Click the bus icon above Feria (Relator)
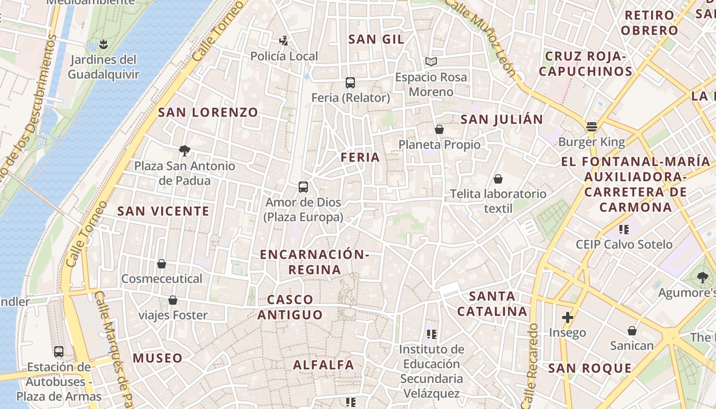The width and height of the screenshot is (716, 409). pos(350,82)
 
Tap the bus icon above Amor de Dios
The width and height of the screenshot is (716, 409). pos(303,187)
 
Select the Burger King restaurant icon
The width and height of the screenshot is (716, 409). pos(592,127)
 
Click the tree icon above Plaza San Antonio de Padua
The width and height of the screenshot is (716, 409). pos(185,150)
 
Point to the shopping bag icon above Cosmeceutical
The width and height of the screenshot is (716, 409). pos(162,264)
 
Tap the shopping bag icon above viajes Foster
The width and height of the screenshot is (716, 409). pos(173,300)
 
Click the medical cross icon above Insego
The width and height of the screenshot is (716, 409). pos(567,317)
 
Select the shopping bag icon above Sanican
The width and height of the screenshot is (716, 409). pos(632,331)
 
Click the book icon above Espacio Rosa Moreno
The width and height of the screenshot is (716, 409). pos(431,62)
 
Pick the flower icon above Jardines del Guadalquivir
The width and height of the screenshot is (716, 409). pos(103,44)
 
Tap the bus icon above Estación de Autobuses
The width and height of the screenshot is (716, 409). pos(59,352)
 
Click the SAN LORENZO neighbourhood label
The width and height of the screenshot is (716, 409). pos(208,112)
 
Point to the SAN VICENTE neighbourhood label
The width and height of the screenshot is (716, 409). pos(163,211)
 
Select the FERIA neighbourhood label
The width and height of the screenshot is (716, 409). pos(361,157)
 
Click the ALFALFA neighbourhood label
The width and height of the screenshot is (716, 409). pos(323,365)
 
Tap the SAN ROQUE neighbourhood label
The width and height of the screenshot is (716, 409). pos(590,368)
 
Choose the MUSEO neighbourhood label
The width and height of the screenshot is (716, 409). pos(158,358)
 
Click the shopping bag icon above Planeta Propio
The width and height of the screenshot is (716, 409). pos(439,130)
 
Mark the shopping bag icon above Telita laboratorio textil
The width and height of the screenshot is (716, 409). pos(498,179)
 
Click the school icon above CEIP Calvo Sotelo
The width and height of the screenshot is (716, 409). pos(623,229)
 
